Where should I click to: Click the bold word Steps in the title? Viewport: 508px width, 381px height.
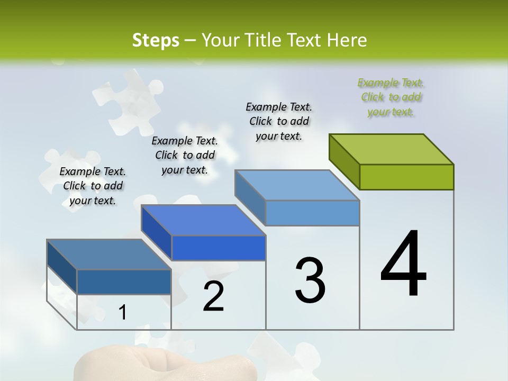(156, 41)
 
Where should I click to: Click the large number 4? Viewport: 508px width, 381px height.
(403, 264)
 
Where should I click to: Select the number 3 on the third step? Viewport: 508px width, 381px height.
(310, 280)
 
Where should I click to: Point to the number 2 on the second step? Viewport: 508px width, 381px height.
(213, 296)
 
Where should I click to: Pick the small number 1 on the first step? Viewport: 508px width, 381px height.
(123, 313)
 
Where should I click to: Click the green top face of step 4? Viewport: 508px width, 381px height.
(392, 149)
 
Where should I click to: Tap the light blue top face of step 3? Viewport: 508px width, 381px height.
(297, 185)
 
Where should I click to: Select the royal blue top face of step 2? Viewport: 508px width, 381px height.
(203, 220)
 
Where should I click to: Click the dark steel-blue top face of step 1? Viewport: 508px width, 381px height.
(109, 255)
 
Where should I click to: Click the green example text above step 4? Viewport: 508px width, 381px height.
(391, 97)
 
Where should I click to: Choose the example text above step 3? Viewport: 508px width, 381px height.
(279, 121)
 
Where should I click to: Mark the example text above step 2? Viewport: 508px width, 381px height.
(185, 155)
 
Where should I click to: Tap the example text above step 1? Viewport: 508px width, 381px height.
(93, 186)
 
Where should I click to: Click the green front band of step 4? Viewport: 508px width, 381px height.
(406, 177)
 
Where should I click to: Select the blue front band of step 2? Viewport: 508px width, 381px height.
(219, 248)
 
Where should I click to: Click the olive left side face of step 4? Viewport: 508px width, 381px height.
(344, 161)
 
